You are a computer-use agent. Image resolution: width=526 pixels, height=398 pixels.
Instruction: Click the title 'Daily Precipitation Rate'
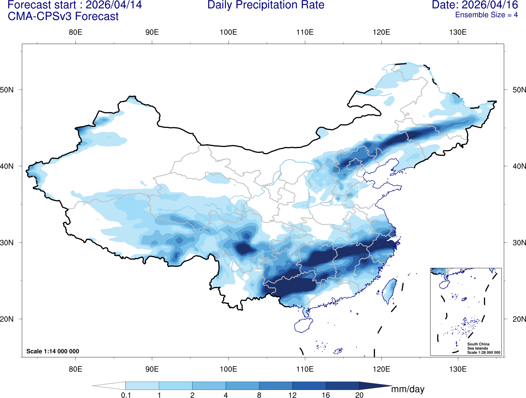coord(266,5)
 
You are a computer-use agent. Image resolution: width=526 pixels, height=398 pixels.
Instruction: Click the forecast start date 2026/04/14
coord(113,5)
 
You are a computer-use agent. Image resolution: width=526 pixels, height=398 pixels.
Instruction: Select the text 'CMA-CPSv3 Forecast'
coord(63,16)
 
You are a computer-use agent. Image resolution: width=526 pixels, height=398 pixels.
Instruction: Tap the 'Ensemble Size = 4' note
coord(486,15)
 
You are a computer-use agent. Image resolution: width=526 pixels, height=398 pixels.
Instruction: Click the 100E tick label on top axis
coord(228,32)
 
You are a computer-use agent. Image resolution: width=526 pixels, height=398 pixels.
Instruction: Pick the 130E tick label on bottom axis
coord(458,369)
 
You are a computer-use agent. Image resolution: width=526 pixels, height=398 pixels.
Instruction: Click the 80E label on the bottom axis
coord(75,369)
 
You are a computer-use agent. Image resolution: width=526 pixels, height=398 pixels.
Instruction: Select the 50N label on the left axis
coord(7,90)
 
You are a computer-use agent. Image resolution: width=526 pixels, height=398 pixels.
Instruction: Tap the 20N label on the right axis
coord(519,319)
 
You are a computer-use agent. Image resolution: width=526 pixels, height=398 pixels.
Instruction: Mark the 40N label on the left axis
coord(7,166)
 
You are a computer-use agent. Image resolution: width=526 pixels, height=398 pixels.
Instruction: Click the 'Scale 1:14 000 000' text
coord(53,351)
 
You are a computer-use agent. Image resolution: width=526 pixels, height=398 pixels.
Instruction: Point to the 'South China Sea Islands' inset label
coord(478,346)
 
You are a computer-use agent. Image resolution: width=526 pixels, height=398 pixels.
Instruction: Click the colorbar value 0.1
coord(126,395)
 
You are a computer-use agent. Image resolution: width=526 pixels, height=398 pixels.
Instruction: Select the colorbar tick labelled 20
coord(359,395)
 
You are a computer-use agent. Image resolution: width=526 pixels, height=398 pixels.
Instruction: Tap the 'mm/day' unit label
coord(407,389)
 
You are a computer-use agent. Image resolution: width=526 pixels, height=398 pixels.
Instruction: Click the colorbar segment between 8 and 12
coord(276,386)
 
